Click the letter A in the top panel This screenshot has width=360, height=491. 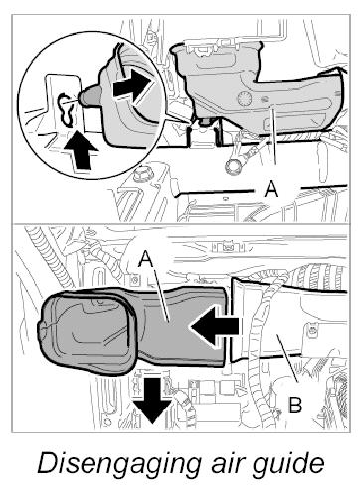(x=271, y=189)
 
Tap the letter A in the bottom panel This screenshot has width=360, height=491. (x=146, y=258)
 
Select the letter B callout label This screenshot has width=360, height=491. (x=295, y=405)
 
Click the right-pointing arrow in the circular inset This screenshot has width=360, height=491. (x=133, y=86)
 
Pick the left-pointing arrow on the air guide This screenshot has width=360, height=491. (x=214, y=327)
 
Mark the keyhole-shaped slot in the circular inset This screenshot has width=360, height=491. (x=67, y=110)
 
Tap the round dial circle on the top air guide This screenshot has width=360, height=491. (x=245, y=98)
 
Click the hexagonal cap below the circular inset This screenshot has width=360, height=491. (x=140, y=175)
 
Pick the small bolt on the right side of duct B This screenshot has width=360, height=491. (x=312, y=329)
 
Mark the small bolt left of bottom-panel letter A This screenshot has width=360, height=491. (x=134, y=280)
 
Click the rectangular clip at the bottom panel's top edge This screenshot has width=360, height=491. (x=228, y=246)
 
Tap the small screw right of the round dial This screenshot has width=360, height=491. (x=265, y=99)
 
